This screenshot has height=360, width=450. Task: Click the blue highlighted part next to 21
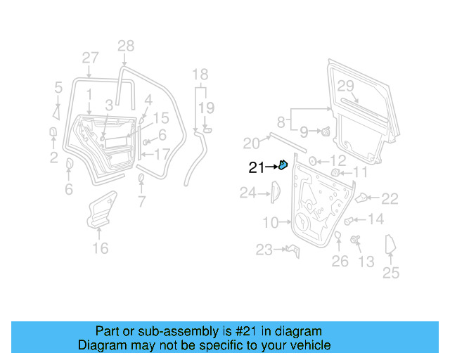[283, 165]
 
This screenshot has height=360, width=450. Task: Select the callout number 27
[90, 58]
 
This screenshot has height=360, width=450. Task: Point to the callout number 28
[125, 46]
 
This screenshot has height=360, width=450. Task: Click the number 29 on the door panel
[345, 86]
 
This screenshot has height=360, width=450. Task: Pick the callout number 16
[101, 248]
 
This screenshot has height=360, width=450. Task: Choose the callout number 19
[205, 108]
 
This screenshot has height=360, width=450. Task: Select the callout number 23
[264, 250]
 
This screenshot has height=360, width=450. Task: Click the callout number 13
[366, 262]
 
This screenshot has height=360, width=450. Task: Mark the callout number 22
[390, 199]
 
